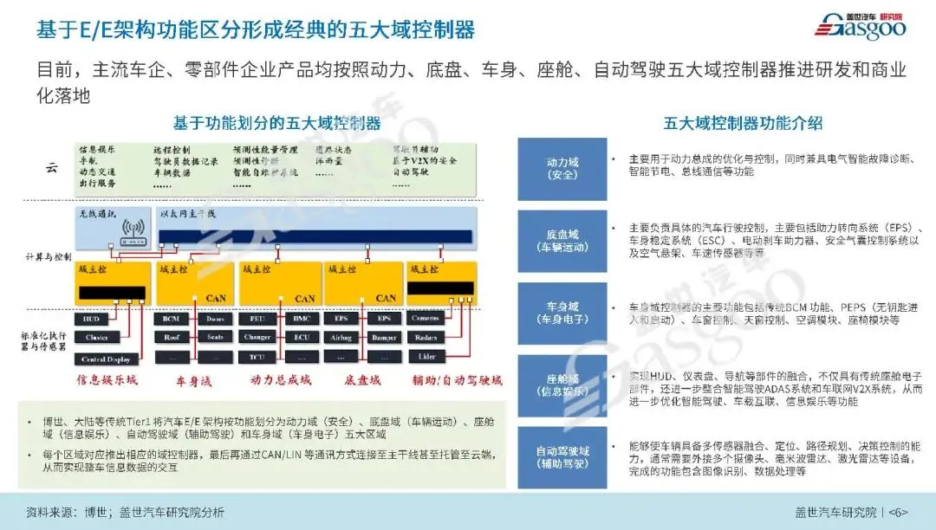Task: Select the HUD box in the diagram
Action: click(x=92, y=319)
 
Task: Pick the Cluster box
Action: click(x=96, y=339)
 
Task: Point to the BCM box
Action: click(x=171, y=319)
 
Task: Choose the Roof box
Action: click(x=171, y=339)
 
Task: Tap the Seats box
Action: click(x=215, y=339)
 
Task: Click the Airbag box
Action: click(x=341, y=339)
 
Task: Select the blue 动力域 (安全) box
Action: click(x=562, y=169)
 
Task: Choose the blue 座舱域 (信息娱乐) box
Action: click(x=562, y=385)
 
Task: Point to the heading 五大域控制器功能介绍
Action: click(x=743, y=123)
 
